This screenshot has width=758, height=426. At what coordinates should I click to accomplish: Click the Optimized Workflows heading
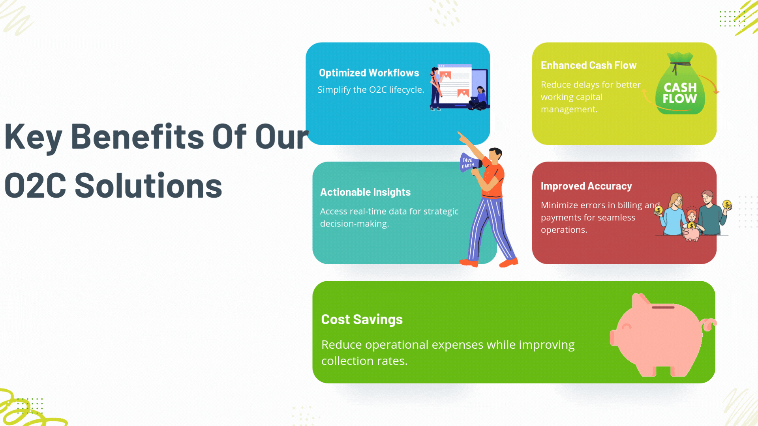coord(369,73)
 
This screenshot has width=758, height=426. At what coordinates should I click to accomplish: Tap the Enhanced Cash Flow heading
coord(588,65)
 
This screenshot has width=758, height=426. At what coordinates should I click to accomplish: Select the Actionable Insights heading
coord(365,192)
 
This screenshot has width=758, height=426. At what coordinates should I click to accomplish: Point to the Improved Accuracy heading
coord(586,186)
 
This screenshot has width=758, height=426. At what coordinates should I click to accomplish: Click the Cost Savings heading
coord(362,319)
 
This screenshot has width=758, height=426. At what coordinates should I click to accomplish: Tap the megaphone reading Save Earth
coord(470,163)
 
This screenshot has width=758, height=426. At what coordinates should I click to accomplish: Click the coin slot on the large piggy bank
coord(663,307)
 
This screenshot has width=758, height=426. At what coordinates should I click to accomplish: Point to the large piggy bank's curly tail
coord(709,324)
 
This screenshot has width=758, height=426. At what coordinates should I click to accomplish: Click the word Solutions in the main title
coord(148,186)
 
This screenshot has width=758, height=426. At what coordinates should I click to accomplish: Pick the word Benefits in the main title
coord(137,137)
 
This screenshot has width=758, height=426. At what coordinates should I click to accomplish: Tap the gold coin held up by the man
coord(727,204)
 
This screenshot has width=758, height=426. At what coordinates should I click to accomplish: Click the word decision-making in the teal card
coord(355,224)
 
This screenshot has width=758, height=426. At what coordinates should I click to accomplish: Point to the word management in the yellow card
coord(569,110)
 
